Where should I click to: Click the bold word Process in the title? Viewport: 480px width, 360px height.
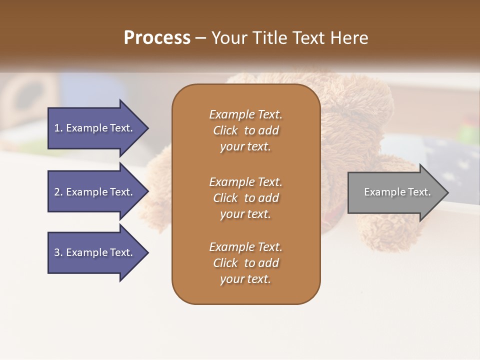157,38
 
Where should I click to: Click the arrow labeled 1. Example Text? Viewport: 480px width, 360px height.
95,128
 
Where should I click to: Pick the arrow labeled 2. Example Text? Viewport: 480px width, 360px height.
95,192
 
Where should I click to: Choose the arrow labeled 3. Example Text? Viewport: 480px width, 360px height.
95,252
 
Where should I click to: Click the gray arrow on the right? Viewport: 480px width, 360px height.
395,192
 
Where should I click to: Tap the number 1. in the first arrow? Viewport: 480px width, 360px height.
58,128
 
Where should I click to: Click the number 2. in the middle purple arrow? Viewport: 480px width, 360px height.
58,192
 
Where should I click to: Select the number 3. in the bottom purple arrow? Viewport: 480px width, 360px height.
58,252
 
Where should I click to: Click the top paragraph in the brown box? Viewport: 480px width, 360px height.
245,130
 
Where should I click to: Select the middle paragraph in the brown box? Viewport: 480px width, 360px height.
245,197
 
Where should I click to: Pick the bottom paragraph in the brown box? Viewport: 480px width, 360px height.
245,262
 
